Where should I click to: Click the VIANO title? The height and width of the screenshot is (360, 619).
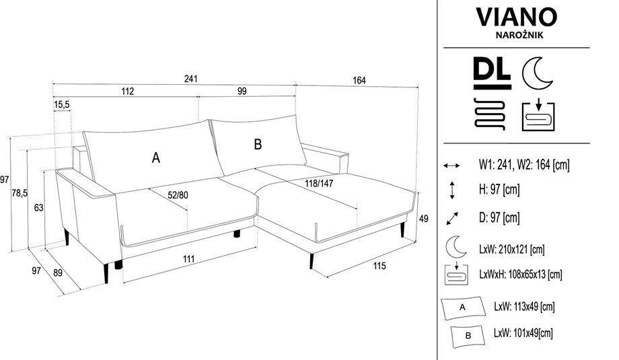(516, 17)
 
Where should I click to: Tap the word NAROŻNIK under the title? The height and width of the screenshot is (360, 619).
(519, 35)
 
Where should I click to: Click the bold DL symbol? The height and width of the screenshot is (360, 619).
(493, 73)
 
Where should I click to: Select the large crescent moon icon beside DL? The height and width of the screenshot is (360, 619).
(536, 73)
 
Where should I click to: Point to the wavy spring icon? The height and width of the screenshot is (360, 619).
(490, 114)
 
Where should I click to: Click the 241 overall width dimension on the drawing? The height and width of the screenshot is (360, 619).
(190, 79)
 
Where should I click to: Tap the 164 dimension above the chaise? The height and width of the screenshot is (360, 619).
(359, 81)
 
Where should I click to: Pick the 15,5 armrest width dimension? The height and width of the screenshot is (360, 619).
(62, 104)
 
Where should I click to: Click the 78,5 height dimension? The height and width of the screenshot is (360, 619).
(20, 193)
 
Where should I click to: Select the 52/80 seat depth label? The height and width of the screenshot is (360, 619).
(178, 195)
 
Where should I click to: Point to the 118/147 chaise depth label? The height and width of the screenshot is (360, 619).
(319, 184)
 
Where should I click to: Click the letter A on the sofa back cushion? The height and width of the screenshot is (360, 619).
(156, 158)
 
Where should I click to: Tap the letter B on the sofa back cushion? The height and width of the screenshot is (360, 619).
(258, 145)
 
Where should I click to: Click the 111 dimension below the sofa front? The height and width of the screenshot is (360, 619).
(188, 259)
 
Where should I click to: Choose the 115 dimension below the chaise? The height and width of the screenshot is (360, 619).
(379, 266)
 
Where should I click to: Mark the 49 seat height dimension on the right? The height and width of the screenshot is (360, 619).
(424, 219)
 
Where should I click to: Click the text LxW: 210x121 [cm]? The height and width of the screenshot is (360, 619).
(511, 250)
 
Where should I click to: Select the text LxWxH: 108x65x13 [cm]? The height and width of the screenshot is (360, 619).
(520, 275)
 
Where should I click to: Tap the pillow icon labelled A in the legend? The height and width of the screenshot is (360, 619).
(463, 308)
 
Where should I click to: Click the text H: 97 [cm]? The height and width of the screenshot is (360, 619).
(499, 190)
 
